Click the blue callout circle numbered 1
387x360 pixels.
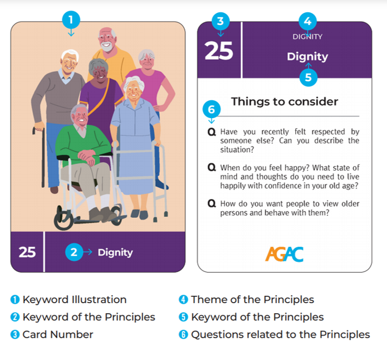[71, 20]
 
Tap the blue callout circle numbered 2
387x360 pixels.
[74, 252]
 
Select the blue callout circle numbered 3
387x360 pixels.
[221, 21]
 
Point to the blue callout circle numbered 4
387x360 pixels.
[307, 21]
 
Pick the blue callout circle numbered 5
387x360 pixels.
[308, 77]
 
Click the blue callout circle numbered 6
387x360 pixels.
[212, 109]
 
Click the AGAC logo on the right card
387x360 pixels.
[285, 254]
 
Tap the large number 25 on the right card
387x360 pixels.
[219, 51]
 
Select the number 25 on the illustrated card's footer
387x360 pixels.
[27, 252]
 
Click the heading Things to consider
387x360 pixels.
[285, 101]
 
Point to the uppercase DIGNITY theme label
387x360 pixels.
[307, 37]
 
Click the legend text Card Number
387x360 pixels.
[58, 334]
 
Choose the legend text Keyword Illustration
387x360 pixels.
[75, 299]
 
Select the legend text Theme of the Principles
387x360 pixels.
[252, 299]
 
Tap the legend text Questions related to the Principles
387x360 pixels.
[281, 334]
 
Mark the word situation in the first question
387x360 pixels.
[237, 150]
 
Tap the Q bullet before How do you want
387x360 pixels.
[212, 203]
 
